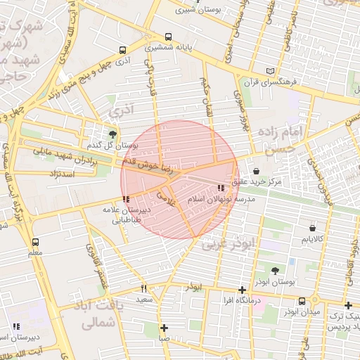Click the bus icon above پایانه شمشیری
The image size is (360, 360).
click(167, 37)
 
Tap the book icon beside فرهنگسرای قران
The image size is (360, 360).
click(272, 70)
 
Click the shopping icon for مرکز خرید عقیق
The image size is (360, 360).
click(255, 171)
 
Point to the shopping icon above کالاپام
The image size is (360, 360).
click(312, 228)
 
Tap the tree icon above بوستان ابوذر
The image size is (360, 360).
click(275, 271)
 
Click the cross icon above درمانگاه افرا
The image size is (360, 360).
click(242, 290)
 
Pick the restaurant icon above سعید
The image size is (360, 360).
click(144, 288)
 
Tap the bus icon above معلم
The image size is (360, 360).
click(35, 242)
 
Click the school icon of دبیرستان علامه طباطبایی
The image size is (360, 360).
click(126, 199)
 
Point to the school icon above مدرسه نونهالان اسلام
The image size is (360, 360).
click(221, 188)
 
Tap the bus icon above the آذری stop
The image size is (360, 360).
click(123, 51)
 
